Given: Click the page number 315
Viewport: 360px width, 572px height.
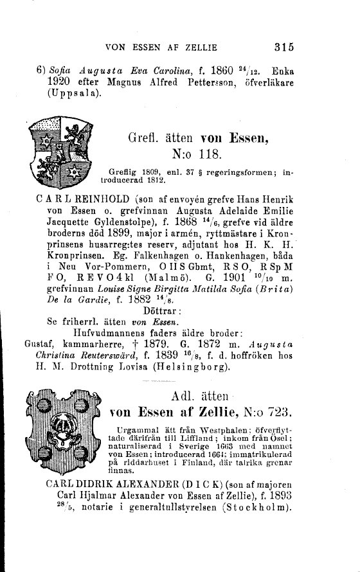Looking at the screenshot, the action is pyautogui.click(x=283, y=46).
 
